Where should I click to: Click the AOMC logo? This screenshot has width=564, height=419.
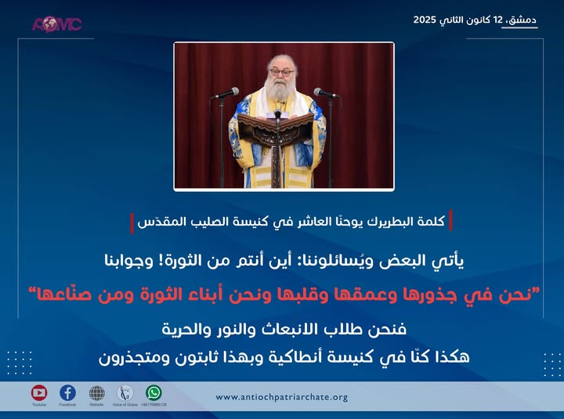pos(56,23)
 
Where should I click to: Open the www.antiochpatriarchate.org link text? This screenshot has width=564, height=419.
pos(282,397)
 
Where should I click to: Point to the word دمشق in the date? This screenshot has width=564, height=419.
pos(522,18)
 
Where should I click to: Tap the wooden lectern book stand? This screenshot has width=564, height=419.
pos(278,125)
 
